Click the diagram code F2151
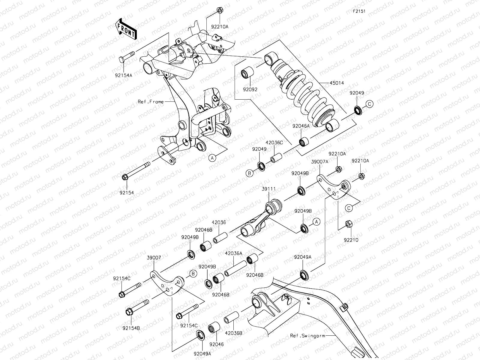pos(359,11)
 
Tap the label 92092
pos(250,89)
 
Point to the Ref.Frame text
pos(151,102)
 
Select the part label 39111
pos(268,189)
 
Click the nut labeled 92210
pos(349,224)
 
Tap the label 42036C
pos(274,143)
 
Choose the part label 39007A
pos(319,161)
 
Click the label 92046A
pos(301,127)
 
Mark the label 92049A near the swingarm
pos(303,257)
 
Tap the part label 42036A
pos(233,253)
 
